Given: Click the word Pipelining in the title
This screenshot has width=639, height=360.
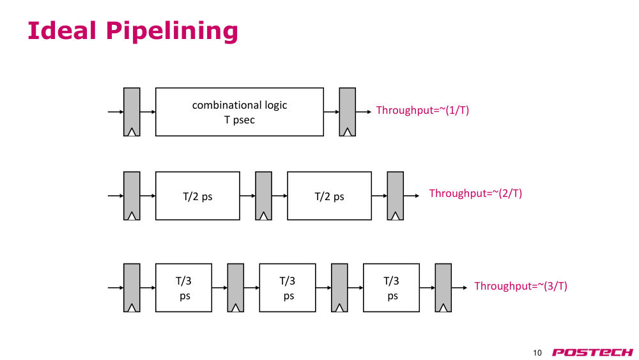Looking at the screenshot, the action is click(x=171, y=31).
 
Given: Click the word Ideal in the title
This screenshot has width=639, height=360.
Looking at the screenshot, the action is click(x=62, y=31).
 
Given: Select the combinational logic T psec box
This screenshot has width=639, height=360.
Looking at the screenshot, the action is click(x=240, y=112).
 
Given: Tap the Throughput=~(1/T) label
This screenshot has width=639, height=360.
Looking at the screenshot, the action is click(x=422, y=110).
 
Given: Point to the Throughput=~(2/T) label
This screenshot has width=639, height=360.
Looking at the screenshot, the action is click(x=475, y=193).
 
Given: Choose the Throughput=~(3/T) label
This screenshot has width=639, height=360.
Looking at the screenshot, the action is click(x=520, y=286).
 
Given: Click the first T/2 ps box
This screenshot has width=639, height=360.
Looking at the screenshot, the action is click(x=197, y=196).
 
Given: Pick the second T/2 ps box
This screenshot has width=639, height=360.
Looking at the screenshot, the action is click(x=329, y=196).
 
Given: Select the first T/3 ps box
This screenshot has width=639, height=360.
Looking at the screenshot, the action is click(x=183, y=288).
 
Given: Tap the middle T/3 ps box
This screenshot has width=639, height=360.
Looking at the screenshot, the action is click(x=288, y=288).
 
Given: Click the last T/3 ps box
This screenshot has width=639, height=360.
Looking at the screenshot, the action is click(x=391, y=288).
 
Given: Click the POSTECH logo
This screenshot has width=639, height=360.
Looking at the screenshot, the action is click(x=592, y=352).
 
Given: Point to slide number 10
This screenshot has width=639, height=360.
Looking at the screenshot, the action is click(x=537, y=353).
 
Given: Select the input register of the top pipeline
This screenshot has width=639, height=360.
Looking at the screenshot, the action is click(x=132, y=112).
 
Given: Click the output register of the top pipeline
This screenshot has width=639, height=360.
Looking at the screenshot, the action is click(x=347, y=112).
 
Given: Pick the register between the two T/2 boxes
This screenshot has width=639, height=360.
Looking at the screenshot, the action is click(x=264, y=196).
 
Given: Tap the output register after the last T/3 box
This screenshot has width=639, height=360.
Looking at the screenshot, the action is click(x=443, y=288).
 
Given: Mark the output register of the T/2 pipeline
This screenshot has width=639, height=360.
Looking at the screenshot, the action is click(x=396, y=196).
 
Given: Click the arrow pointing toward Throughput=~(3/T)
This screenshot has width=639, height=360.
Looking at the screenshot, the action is click(x=459, y=288).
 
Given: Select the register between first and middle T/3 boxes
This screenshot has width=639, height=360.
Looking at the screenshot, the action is click(x=236, y=288).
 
